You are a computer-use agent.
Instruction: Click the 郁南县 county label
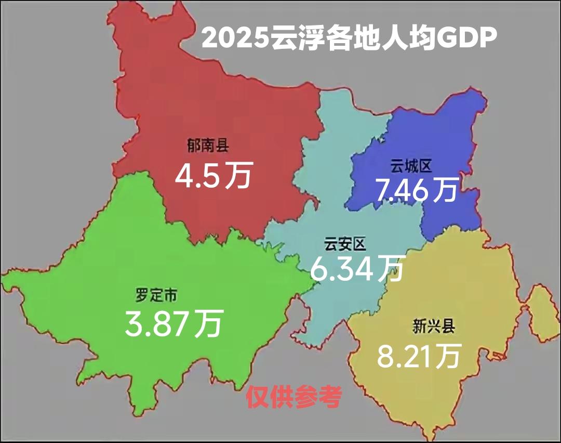coord(208,146)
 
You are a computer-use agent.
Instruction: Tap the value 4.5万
coord(213,176)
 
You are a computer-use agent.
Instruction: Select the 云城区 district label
coord(411,167)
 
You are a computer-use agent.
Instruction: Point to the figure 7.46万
coord(417,190)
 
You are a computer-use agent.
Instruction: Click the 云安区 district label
coord(345,244)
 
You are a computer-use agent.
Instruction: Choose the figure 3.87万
coord(173,322)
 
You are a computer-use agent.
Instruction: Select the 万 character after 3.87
coord(209,322)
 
